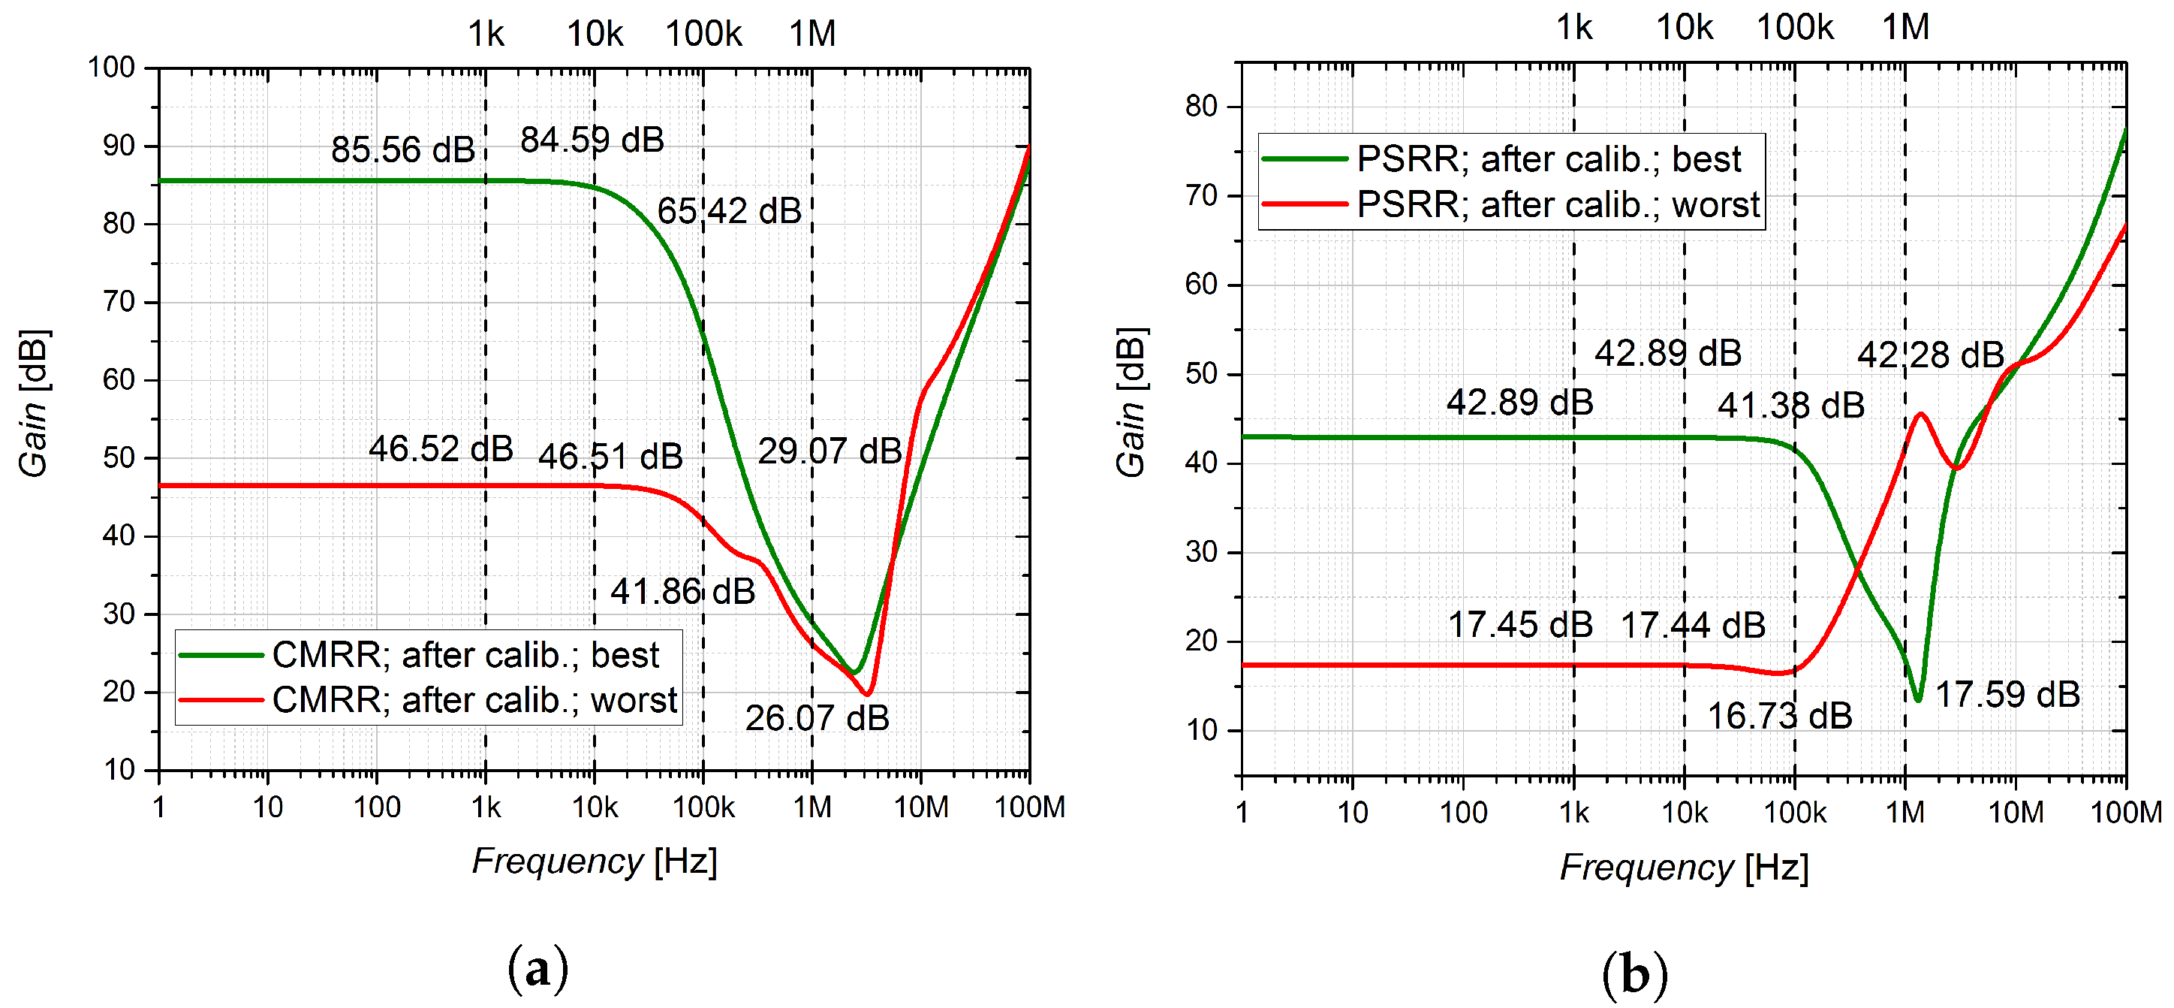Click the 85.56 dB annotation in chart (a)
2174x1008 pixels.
(402, 150)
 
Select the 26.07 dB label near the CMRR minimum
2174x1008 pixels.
(816, 718)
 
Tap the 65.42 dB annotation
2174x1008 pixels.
(729, 211)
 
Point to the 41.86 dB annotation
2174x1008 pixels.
(682, 592)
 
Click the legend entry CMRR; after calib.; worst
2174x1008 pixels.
(474, 700)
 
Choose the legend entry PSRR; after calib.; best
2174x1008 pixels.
(1548, 159)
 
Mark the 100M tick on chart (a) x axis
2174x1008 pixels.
(1028, 807)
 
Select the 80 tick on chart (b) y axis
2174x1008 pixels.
(1201, 107)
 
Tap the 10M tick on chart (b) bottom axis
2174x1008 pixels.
(2016, 812)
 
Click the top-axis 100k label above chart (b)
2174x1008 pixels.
(1794, 28)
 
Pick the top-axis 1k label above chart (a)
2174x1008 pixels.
(486, 34)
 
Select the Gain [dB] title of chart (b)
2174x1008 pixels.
(1131, 403)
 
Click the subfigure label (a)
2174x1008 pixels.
(537, 969)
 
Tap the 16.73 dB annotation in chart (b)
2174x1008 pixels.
(1780, 717)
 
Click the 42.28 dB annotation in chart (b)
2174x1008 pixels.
(1930, 355)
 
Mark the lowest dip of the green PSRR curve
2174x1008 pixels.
(1918, 700)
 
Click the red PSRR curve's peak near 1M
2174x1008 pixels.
(1921, 414)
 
